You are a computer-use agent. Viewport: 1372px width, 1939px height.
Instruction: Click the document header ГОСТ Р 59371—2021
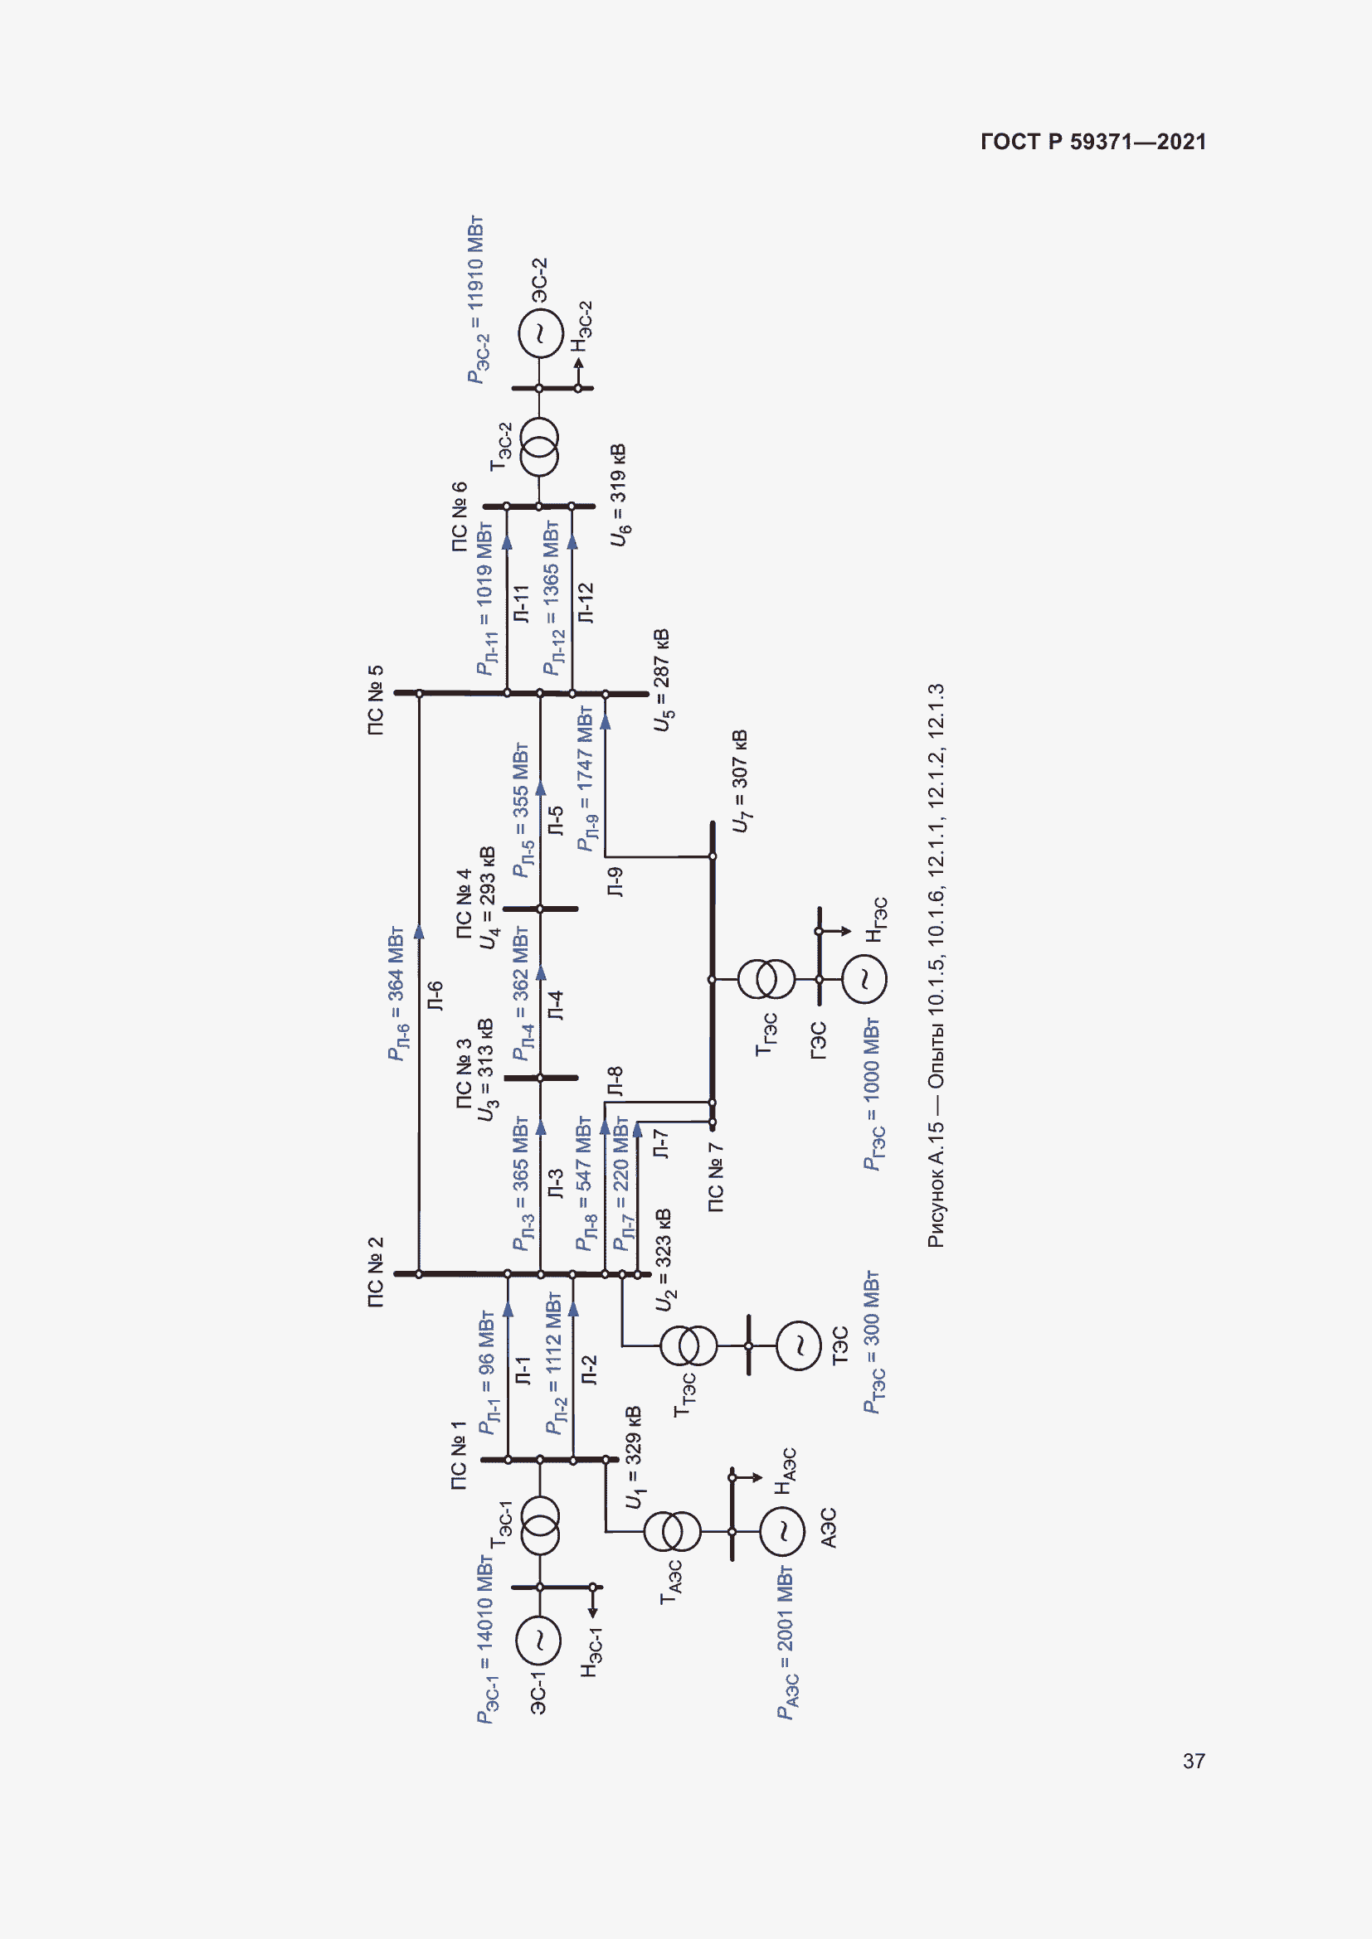[1092, 142]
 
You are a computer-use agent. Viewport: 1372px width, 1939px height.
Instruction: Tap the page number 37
[1193, 1761]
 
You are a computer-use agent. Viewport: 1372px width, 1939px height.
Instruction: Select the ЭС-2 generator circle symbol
[540, 332]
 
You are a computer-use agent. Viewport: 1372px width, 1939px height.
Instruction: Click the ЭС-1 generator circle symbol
[538, 1639]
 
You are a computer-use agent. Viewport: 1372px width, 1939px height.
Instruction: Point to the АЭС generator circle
[783, 1531]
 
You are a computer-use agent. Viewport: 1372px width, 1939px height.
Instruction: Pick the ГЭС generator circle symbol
[864, 979]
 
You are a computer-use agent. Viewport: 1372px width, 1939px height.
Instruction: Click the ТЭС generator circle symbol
[798, 1345]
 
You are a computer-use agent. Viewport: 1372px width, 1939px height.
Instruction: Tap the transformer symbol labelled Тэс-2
[539, 448]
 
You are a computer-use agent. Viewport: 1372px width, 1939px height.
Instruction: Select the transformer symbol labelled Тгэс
[766, 979]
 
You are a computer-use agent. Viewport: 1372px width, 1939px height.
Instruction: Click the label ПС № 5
[376, 700]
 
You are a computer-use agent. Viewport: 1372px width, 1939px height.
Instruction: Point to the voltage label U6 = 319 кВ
[620, 495]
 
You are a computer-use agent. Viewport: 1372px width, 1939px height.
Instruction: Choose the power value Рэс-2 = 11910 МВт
[476, 300]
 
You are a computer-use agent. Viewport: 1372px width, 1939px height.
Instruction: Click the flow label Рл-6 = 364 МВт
[396, 993]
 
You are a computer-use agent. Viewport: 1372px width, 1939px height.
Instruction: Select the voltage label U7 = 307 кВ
[739, 781]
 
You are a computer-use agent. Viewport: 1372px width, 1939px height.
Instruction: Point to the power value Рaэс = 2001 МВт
[786, 1642]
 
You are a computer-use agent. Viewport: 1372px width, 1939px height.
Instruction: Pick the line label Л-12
[586, 603]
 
